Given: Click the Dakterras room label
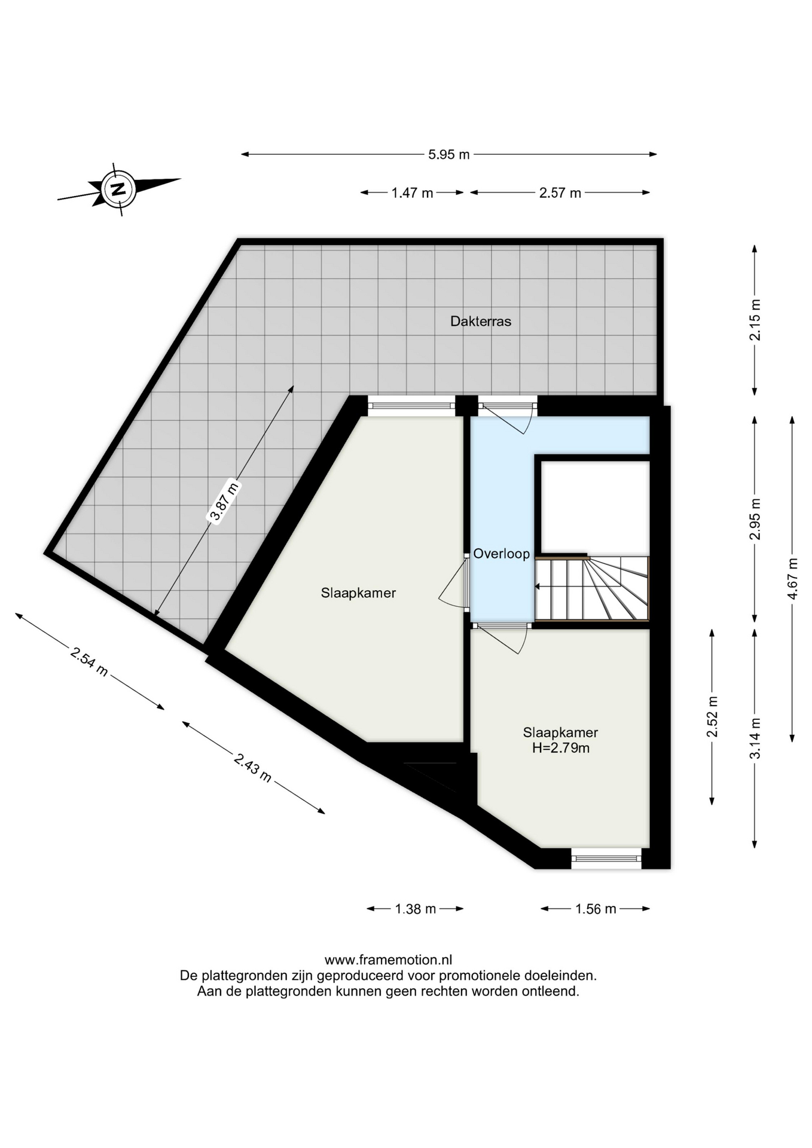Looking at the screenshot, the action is (x=481, y=322).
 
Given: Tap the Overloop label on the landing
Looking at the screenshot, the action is (x=501, y=554).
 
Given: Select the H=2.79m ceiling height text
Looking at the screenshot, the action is (x=561, y=748).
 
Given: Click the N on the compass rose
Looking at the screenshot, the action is (x=118, y=189).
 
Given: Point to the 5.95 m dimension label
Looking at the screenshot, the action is (x=449, y=155).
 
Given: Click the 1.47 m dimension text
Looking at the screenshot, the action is (x=412, y=193).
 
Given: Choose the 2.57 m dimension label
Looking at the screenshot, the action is (x=560, y=193).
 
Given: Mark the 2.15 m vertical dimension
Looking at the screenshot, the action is (x=755, y=320).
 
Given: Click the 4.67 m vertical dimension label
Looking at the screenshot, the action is (x=793, y=578).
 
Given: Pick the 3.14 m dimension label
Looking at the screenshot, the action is (x=755, y=738).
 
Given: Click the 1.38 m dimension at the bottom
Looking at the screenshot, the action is (x=416, y=909).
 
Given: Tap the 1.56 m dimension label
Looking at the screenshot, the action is (x=596, y=909).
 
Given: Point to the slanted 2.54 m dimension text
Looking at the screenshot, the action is (x=89, y=661).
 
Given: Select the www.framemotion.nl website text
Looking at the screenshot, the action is (x=388, y=960).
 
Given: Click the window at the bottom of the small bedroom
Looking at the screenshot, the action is (x=606, y=859).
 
